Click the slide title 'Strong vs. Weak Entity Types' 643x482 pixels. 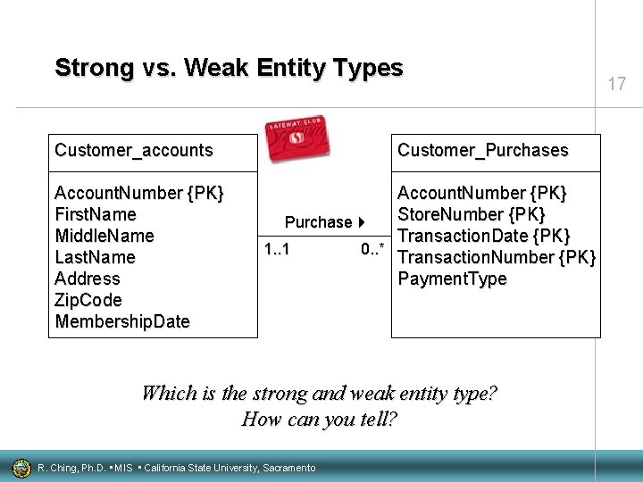pos(229,68)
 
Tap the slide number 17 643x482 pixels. pos(616,85)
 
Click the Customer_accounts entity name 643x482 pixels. pos(134,150)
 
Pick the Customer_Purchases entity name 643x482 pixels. pos(482,150)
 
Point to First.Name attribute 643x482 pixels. pos(96,214)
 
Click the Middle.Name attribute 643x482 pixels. pos(104,236)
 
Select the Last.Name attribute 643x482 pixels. pos(95,257)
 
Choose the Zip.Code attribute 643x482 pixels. pos(88,300)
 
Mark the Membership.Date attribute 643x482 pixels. pos(122,321)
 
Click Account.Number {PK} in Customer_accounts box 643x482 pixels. pos(139,193)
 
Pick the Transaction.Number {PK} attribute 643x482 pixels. pos(496,257)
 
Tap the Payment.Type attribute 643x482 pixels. pos(452,278)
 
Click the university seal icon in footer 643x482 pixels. pos(21,467)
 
